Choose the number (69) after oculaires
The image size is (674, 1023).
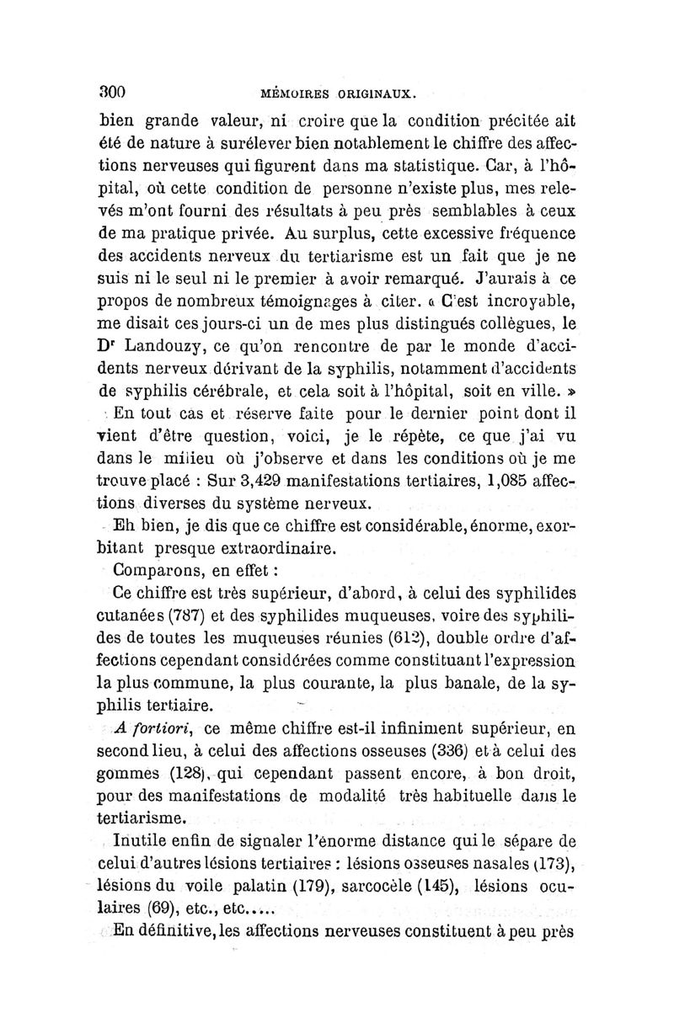pos(156,909)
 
